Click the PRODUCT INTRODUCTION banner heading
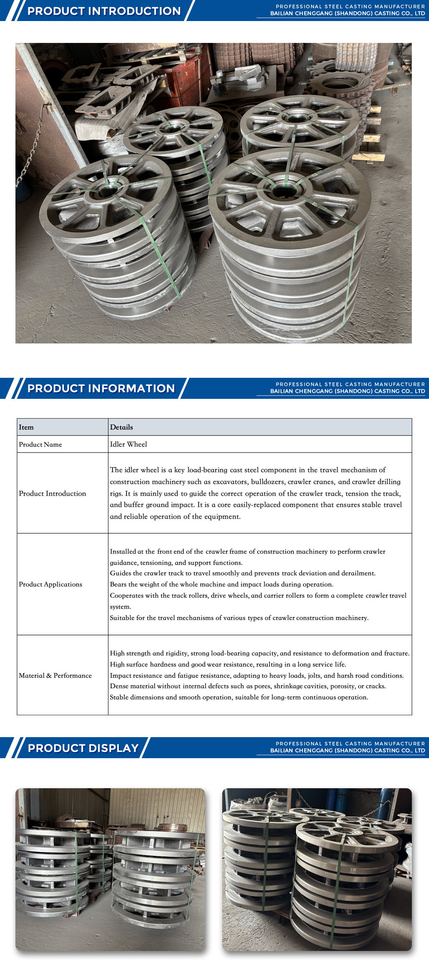[104, 11]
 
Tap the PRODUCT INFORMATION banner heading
[101, 389]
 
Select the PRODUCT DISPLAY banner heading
[83, 748]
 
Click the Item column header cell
[26, 427]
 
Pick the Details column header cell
[121, 427]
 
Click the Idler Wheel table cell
[128, 444]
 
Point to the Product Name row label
[40, 444]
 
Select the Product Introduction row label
[52, 493]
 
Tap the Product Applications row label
[50, 584]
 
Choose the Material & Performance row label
[55, 675]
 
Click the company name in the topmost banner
[347, 14]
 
